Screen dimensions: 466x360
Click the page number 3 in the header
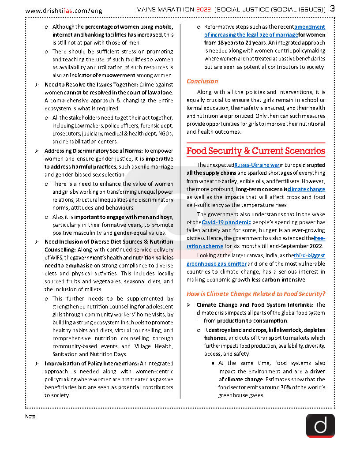pos(332,9)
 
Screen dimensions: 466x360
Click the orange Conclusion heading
pos(202,81)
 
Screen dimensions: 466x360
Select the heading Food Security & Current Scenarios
pos(255,151)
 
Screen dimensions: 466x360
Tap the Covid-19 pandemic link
pos(226,222)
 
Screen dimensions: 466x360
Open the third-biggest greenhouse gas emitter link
pos(256,259)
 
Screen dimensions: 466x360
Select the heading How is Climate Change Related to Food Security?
pos(255,294)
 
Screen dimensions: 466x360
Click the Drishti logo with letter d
pos(320,425)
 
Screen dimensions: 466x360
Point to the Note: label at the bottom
pos(31,417)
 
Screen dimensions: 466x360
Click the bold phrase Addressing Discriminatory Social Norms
pos(93,151)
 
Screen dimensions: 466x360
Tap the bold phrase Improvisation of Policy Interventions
pos(91,363)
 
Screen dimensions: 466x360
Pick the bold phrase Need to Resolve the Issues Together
pos(91,84)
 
